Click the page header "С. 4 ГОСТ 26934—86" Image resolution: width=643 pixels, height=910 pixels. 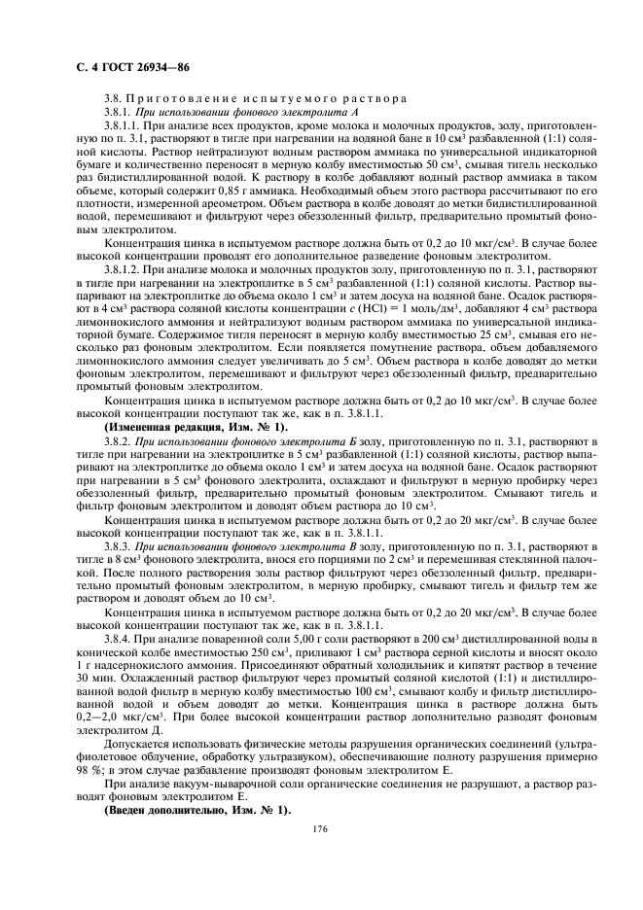[x=125, y=67]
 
